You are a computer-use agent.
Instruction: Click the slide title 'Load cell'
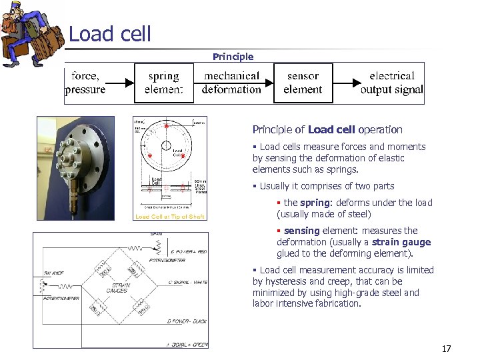tap(110, 34)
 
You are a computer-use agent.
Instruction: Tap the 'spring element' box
tap(163, 83)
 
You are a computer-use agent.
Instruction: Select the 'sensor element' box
tap(303, 83)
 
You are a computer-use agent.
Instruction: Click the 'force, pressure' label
tap(85, 83)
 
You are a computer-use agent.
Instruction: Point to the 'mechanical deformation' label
tap(232, 83)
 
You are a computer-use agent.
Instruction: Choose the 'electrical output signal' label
tap(391, 83)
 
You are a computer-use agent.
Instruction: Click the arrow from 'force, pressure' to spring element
tap(120, 83)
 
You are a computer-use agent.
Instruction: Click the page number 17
tap(446, 349)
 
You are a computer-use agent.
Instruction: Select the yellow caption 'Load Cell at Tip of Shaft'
tap(169, 217)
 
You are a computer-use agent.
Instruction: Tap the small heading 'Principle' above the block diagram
tap(233, 57)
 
